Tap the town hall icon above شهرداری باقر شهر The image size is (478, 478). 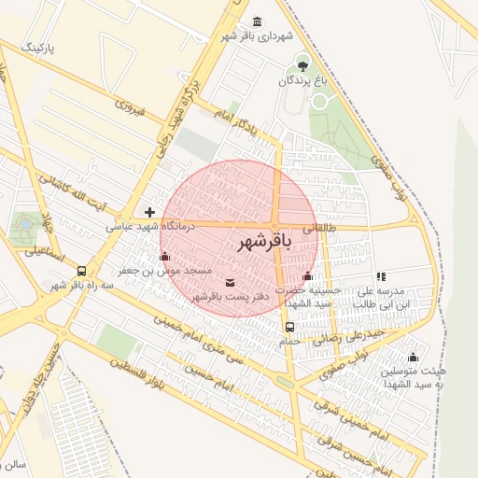tap(257, 22)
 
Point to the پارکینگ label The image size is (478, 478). tap(44, 46)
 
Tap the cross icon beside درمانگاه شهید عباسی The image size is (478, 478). tap(149, 213)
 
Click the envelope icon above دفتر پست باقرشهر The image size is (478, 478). tap(231, 282)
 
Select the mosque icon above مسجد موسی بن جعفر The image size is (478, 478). tap(165, 257)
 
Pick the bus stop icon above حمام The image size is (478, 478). tap(289, 328)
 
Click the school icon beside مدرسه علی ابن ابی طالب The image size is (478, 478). tap(381, 276)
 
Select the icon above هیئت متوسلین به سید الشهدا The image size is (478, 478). tap(413, 357)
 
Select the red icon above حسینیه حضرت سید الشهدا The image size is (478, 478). tap(308, 275)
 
